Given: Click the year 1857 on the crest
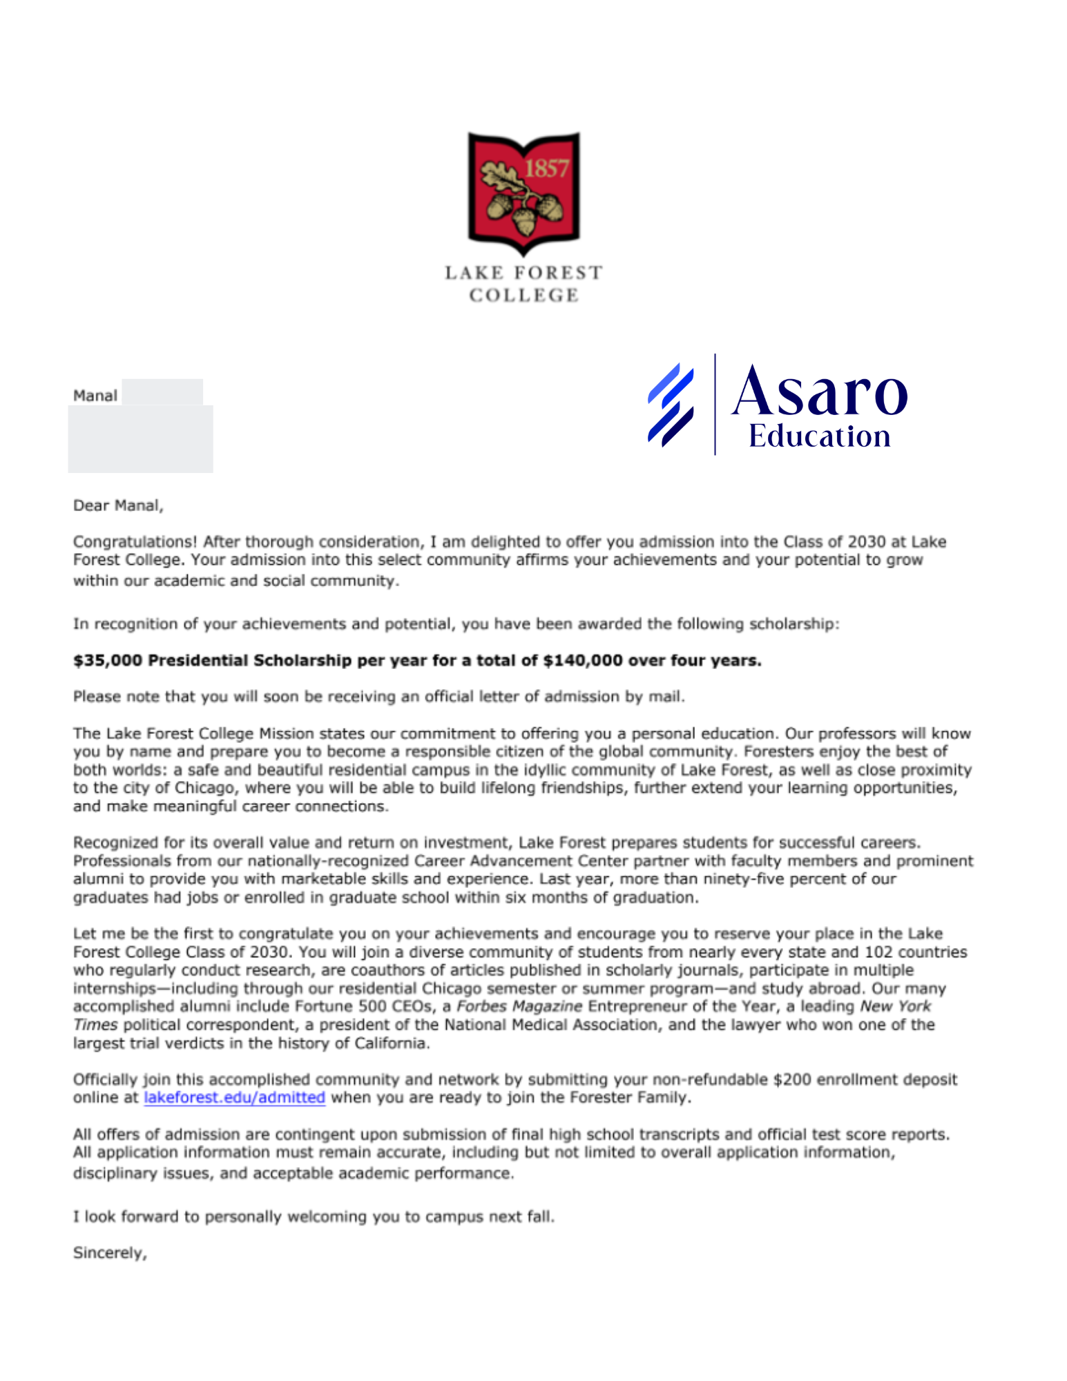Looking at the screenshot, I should [x=546, y=168].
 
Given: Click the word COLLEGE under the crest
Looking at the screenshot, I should [x=524, y=296].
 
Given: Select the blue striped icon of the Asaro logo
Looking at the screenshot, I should [x=671, y=405].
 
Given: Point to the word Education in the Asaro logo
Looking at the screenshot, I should [x=819, y=436].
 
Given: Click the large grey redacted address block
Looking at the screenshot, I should [x=141, y=439].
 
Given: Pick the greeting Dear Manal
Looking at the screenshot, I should [x=118, y=505].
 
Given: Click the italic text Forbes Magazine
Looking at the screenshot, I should [x=519, y=1007].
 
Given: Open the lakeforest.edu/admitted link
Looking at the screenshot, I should [x=234, y=1098].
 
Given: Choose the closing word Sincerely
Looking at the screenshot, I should [x=109, y=1253].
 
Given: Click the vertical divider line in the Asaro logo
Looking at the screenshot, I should [x=715, y=405].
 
